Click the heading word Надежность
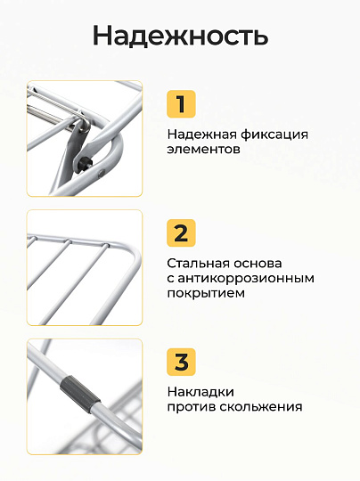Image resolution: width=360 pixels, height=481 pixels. pos(181,36)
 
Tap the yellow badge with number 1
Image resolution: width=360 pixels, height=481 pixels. pos(181,104)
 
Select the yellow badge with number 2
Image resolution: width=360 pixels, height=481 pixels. pos(181,233)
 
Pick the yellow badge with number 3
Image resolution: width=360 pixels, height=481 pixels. pos(181,362)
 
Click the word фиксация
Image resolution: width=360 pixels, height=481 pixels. pos(274,135)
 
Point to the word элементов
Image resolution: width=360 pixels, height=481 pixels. pos(203,150)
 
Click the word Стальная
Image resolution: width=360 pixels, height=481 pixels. pos(198,263)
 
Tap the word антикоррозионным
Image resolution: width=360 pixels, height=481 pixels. pos(246,278)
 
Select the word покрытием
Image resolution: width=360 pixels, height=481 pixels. pos(206,293)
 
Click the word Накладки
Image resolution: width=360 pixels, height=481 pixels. pos(200,392)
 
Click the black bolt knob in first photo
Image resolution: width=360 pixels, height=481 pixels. pos(84,163)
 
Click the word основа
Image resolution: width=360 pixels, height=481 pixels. pos(258,263)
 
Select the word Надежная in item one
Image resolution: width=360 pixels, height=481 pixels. pos(202,135)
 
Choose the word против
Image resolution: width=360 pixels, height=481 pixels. pos(192,407)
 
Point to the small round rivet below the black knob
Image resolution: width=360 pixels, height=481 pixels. pos(101,175)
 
